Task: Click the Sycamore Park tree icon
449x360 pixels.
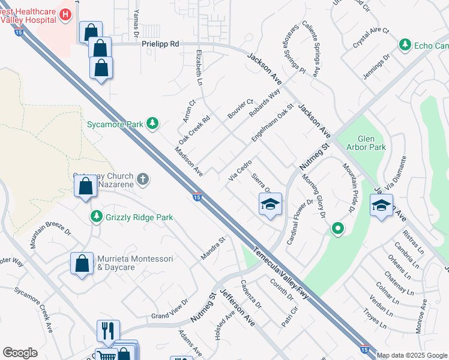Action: pos(153,124)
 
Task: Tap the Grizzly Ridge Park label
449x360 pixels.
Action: pos(139,217)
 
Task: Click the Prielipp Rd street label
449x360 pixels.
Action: pos(160,44)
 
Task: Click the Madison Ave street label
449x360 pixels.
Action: pos(188,161)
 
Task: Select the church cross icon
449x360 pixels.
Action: pos(143,178)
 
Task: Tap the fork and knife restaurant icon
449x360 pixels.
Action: pos(108,331)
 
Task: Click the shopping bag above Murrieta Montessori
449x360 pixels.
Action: pos(82,263)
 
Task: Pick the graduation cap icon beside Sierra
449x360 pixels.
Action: pos(270,204)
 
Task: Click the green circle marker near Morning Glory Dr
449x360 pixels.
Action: pos(338,229)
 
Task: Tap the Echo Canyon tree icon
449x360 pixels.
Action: pos(405,46)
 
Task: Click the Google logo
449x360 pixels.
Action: pos(20,353)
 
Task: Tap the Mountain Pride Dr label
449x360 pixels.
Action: pos(346,188)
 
